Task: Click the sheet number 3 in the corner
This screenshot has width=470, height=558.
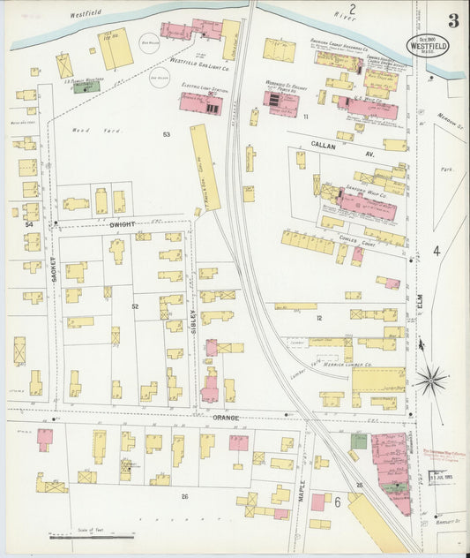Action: pos(452,20)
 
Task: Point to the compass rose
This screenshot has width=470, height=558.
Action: pos(430,381)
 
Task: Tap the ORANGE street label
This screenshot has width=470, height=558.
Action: pos(225,418)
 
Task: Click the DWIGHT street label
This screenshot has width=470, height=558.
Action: pos(122,225)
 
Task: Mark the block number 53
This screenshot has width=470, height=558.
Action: pos(166,134)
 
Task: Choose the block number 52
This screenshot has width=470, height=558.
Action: pos(135,305)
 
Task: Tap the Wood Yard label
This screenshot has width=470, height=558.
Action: pos(86,130)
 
